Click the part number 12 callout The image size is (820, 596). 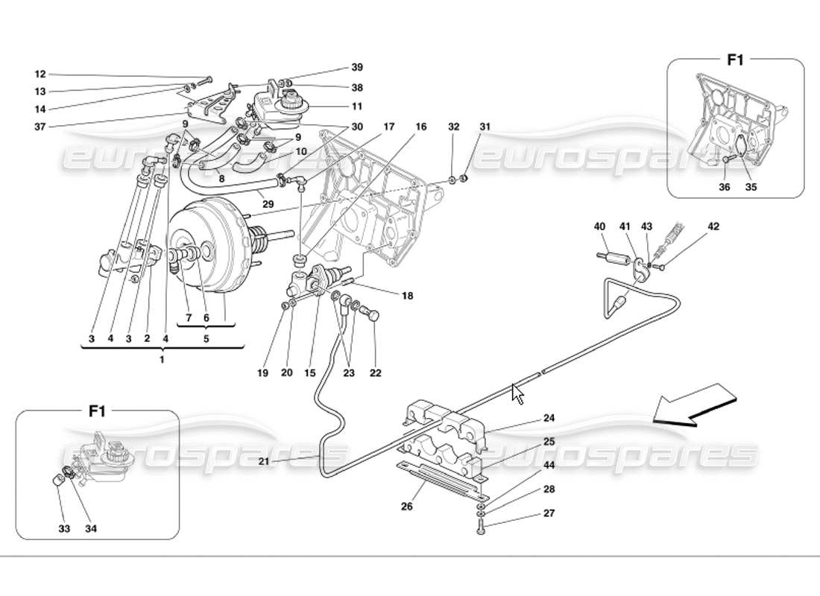click(40, 74)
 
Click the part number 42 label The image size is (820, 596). click(713, 226)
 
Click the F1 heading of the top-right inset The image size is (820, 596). click(735, 60)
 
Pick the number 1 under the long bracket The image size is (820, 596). click(162, 360)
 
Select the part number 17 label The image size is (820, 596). click(388, 127)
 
